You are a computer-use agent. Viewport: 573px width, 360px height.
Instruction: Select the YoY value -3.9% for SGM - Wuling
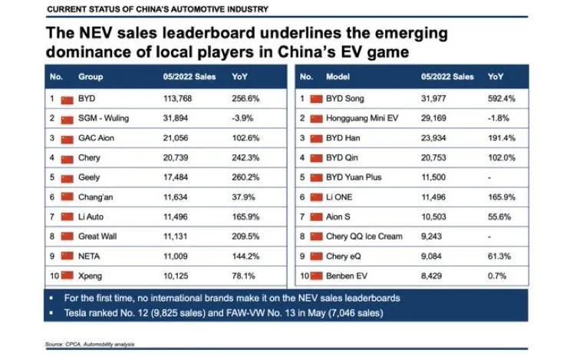coord(243,119)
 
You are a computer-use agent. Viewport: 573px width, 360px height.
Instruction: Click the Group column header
coord(91,78)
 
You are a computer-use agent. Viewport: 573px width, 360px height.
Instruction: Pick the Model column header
coord(338,78)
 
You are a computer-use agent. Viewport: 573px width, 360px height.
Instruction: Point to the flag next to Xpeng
coord(67,275)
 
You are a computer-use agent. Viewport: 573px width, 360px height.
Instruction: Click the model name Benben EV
coord(350,275)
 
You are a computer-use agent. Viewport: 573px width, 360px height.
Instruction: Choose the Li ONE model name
coord(342,197)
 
